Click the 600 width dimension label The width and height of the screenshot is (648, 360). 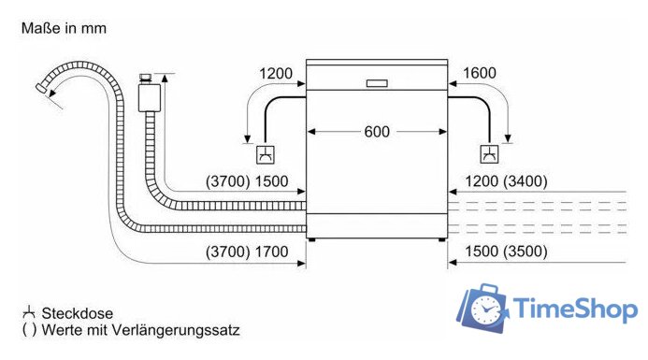point(377,132)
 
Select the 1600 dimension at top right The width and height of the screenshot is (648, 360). point(480,73)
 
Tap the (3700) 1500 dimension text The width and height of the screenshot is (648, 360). point(247,181)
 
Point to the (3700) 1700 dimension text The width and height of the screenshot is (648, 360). point(247,252)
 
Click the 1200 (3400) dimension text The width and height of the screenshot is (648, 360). point(506,181)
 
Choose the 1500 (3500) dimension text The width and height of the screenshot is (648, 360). point(506,252)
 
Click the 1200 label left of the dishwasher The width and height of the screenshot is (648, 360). point(276,74)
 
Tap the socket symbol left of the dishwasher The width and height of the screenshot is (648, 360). point(265,154)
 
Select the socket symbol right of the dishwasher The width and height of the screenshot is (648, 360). point(489,154)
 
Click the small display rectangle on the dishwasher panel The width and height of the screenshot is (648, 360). point(377,83)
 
